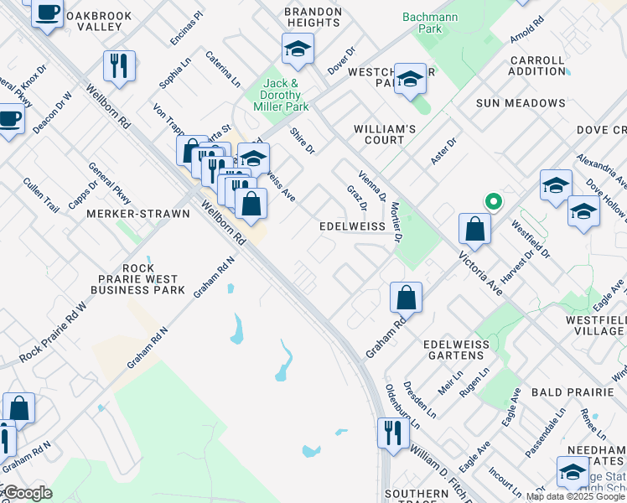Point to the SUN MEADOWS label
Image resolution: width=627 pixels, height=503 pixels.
(521, 103)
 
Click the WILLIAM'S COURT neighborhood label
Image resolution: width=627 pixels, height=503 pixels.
(385, 134)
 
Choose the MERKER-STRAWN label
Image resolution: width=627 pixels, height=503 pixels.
(138, 214)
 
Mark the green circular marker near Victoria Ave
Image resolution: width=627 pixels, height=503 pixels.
(494, 201)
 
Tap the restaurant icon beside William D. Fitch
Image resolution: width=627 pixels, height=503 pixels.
(391, 432)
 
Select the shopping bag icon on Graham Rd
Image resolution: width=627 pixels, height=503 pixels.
(406, 297)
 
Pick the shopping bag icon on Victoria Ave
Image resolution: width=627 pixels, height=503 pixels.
(474, 228)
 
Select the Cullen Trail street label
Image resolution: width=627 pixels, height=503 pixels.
(41, 194)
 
